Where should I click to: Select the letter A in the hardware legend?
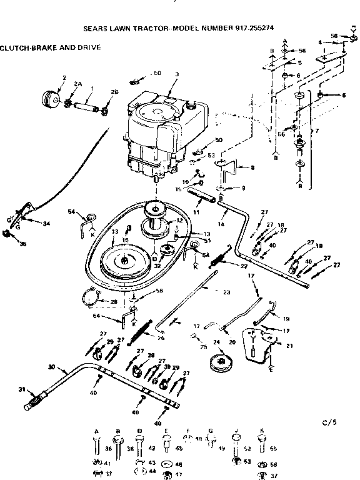[x=96, y=431]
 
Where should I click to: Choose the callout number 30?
[x=51, y=366]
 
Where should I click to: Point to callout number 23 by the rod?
[x=226, y=292]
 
